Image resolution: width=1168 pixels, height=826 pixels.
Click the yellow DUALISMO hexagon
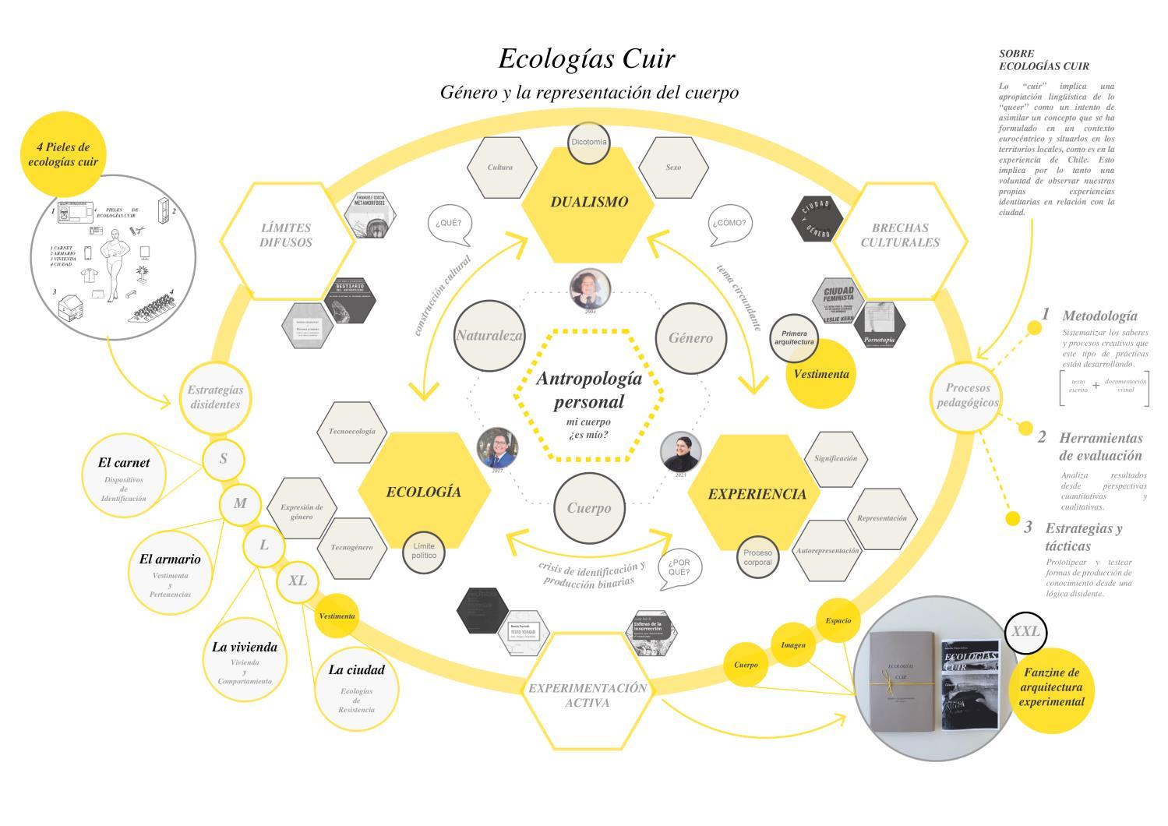[588, 203]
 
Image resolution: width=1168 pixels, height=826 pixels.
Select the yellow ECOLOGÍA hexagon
[424, 492]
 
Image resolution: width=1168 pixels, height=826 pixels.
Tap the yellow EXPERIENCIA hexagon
[757, 494]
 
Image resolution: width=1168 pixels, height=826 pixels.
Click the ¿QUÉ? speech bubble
[449, 223]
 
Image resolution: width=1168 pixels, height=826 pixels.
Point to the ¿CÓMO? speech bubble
[730, 223]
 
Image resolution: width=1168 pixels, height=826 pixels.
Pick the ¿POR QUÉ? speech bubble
[679, 568]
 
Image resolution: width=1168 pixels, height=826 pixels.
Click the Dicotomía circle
[588, 143]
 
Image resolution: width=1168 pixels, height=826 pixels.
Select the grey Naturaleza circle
[489, 337]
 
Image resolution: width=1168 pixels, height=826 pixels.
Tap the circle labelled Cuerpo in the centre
[588, 508]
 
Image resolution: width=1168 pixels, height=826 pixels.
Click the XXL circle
[1025, 632]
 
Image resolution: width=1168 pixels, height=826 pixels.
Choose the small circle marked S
[223, 459]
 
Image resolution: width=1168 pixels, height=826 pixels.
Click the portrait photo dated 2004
[590, 288]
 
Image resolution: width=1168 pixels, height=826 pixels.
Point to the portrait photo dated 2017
[497, 447]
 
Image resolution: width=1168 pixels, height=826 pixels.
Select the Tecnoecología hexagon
[351, 432]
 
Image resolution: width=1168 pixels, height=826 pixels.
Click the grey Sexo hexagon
[673, 168]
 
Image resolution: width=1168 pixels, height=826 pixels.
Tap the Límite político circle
[424, 551]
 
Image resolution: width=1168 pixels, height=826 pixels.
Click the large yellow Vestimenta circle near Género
[820, 374]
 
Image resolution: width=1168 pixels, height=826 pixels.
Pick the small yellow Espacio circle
[838, 621]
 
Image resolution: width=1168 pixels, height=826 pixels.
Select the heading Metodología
[1099, 316]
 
